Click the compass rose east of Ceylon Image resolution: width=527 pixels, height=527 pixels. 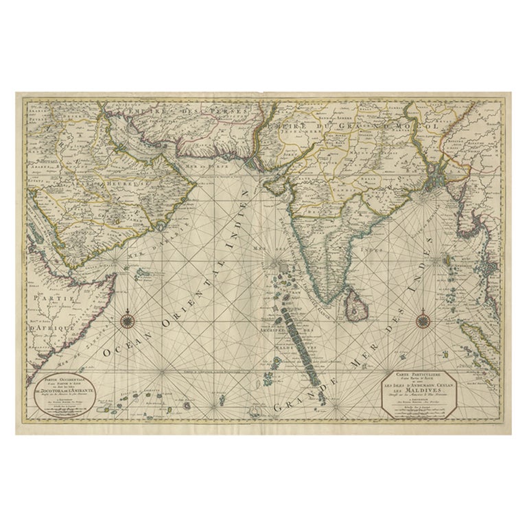[x=423, y=319]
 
